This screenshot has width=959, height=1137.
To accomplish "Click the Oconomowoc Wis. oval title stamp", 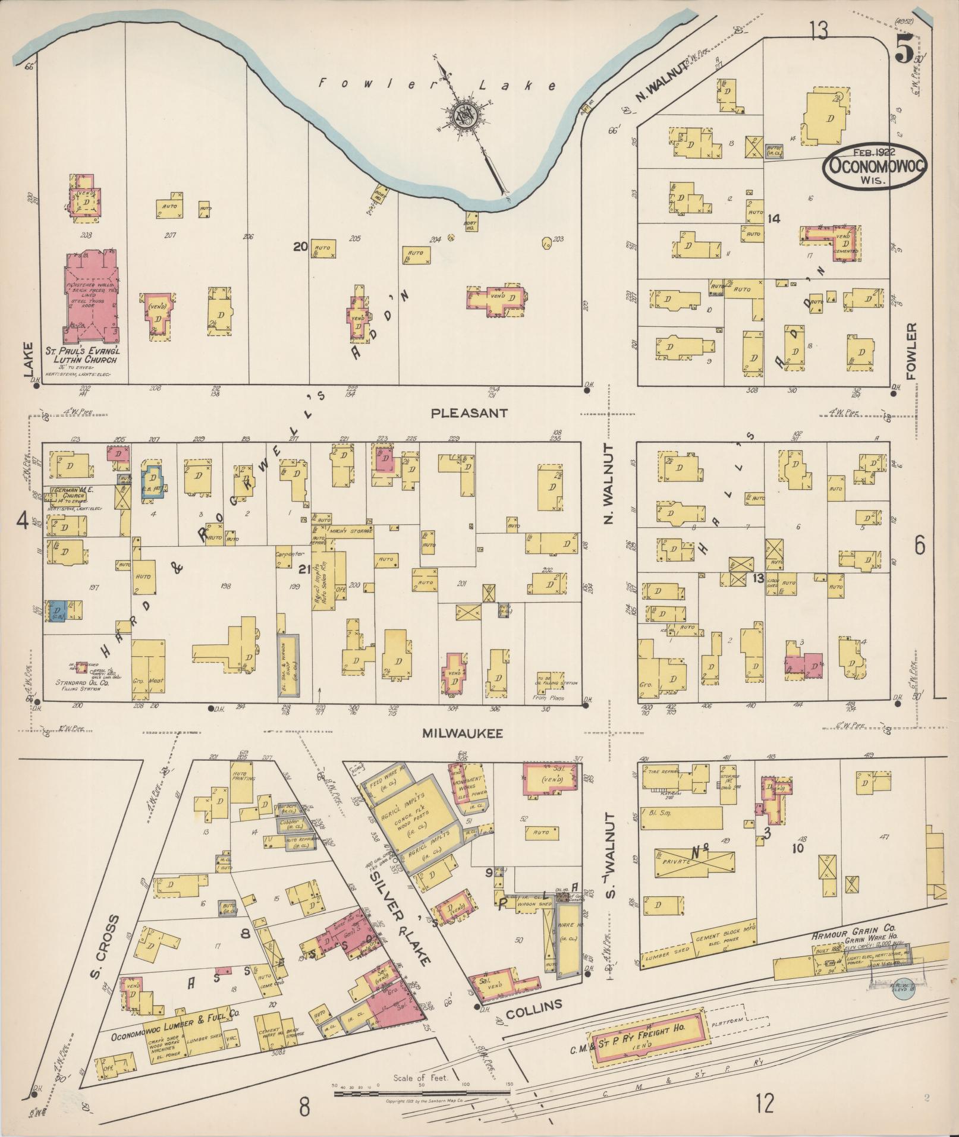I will click(x=873, y=166).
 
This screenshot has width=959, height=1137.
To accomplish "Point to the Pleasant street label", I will click(x=470, y=412).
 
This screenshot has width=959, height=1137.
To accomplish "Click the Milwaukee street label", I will click(x=463, y=733).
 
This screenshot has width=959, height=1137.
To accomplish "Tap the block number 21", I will click(x=304, y=569).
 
